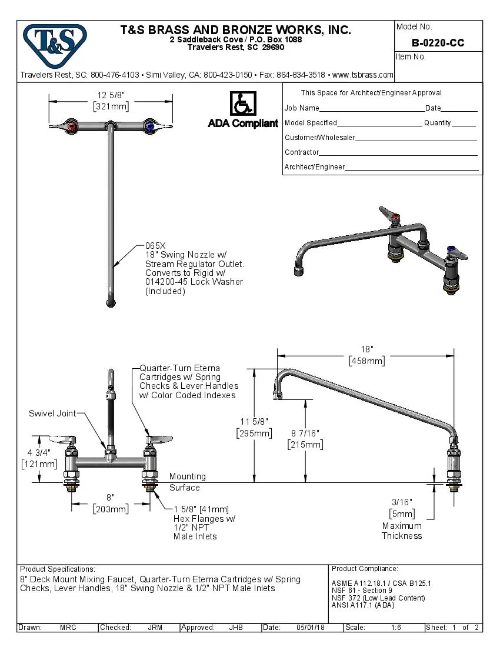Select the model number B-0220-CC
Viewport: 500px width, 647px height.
pos(438,43)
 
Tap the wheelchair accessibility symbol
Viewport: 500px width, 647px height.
pos(242,104)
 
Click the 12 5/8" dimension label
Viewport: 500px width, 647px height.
pos(111,95)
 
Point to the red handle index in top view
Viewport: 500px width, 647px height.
pos(72,126)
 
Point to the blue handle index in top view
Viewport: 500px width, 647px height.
pos(149,126)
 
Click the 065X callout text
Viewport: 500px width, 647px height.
pos(156,245)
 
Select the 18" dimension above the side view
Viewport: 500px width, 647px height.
pos(366,349)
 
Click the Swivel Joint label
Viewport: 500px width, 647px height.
pos(52,413)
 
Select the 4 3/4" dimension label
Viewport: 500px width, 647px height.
pos(38,452)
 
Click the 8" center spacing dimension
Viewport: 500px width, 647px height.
pos(110,497)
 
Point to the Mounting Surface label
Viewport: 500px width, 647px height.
pos(187,482)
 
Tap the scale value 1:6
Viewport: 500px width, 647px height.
pos(396,628)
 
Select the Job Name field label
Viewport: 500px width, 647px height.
pos(302,108)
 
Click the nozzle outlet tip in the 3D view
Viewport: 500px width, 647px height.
pos(296,270)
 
